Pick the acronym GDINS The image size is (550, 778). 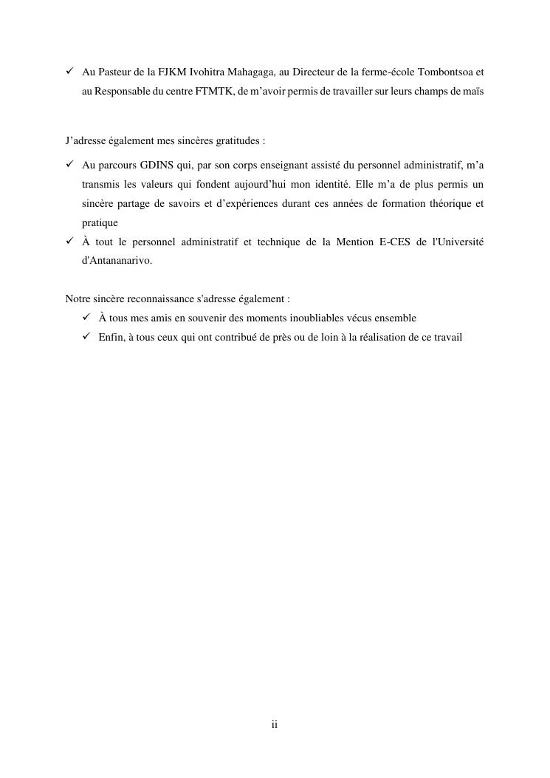156,164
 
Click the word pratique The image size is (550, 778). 100,222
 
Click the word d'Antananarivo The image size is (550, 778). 117,261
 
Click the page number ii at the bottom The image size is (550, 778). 275,725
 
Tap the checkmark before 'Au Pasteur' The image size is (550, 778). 69,72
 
